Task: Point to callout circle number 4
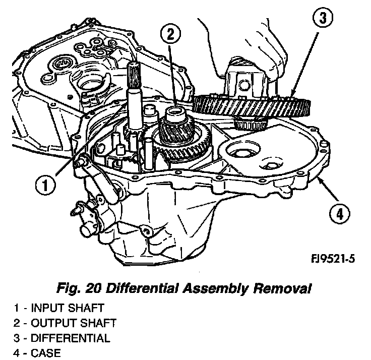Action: point(340,214)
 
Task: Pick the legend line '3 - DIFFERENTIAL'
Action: point(60,337)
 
